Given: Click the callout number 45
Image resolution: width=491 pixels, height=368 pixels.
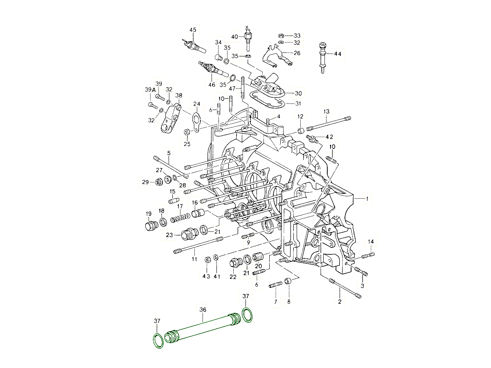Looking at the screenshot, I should coord(193,30).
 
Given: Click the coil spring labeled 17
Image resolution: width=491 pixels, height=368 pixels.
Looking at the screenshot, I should coord(180,218).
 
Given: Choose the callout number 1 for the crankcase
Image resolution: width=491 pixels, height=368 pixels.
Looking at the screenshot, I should coord(367,199).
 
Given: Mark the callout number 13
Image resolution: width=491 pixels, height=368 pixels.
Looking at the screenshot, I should coord(326,112).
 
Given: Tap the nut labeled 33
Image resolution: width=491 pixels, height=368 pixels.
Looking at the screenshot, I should coord(282,36).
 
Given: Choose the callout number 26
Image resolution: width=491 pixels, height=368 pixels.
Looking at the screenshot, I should coord(297,53).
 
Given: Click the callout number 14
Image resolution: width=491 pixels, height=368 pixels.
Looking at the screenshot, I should coord(370,242).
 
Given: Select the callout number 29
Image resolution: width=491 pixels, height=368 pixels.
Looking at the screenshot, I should coord(145,182).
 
